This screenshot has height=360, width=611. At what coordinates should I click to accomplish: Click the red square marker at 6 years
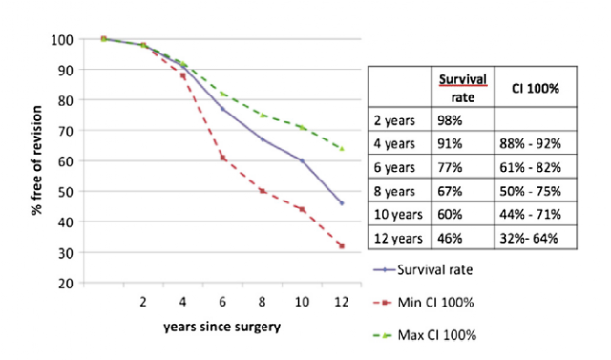click(x=222, y=158)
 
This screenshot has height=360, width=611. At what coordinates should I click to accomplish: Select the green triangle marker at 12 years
click(x=342, y=148)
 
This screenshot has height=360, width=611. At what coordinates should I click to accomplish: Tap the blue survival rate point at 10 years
click(x=302, y=160)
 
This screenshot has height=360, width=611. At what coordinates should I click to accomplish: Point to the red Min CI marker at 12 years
click(x=342, y=245)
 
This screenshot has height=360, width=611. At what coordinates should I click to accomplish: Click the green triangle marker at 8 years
click(x=263, y=115)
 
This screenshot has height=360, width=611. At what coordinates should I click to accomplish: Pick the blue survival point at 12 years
click(x=342, y=203)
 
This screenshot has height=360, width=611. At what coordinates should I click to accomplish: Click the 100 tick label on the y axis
click(x=61, y=40)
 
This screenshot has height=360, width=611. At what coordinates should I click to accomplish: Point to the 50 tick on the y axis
click(x=66, y=192)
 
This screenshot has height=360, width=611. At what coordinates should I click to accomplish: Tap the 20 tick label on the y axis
click(x=66, y=284)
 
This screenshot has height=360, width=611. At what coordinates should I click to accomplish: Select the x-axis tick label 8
click(x=262, y=302)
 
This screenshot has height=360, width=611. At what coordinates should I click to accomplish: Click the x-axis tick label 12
click(x=342, y=302)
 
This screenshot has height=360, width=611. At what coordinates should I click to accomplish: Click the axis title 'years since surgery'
click(x=221, y=327)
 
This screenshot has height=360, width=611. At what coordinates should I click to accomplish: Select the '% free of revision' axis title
click(x=36, y=160)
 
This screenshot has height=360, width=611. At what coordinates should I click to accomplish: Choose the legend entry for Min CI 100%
click(x=424, y=303)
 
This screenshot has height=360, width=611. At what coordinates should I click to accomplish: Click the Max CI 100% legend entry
click(x=425, y=335)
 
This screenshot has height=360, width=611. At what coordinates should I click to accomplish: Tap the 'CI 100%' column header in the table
click(x=535, y=89)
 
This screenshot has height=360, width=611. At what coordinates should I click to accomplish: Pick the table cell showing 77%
click(x=450, y=167)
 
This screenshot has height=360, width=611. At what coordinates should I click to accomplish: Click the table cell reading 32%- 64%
click(x=529, y=238)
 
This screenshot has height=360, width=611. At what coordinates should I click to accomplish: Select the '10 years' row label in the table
click(x=398, y=215)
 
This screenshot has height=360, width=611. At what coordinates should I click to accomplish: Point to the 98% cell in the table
click(x=450, y=120)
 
